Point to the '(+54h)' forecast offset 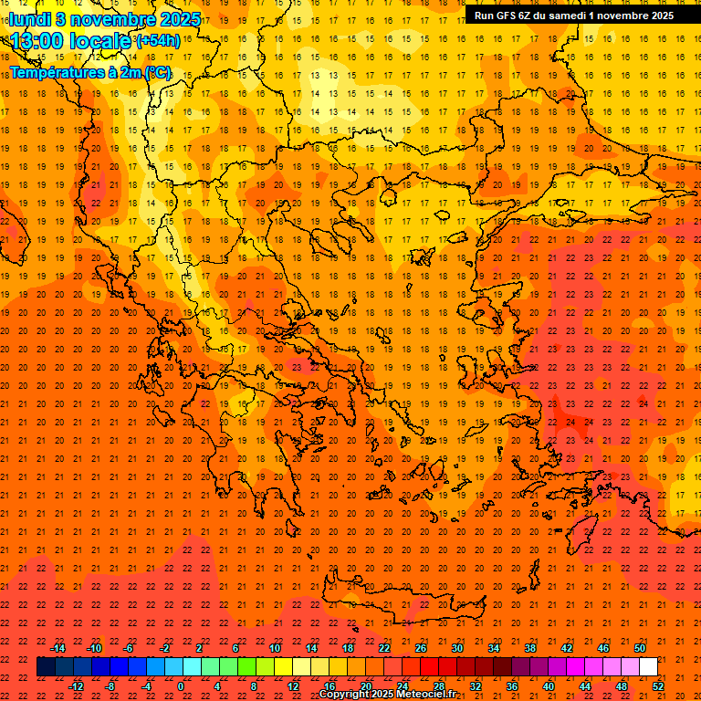click(157, 41)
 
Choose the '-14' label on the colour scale click(58, 648)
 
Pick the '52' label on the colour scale click(658, 685)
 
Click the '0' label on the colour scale click(181, 685)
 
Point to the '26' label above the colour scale click(421, 648)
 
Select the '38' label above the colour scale click(530, 648)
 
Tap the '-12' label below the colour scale click(77, 685)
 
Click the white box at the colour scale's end click(649, 667)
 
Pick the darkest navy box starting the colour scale click(46, 667)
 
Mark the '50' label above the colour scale click(640, 648)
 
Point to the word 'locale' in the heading click(102, 41)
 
